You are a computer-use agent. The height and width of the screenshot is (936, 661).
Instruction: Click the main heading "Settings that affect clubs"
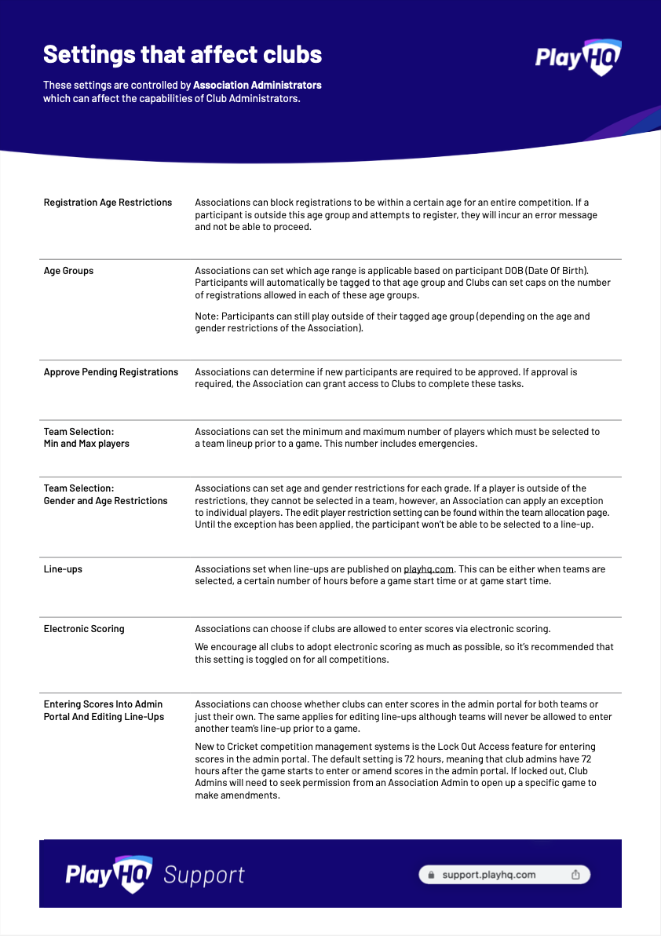182,54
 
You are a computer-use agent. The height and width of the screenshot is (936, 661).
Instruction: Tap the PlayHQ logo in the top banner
578,57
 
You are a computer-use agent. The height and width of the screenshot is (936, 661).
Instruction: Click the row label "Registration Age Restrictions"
108,203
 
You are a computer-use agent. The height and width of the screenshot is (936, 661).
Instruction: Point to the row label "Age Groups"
68,271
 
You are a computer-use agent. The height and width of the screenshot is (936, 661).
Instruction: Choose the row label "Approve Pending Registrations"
111,372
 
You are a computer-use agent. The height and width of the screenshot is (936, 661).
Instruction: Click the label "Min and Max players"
86,444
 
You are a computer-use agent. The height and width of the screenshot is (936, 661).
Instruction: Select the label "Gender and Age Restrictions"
105,501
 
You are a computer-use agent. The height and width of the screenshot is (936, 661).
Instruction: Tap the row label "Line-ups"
63,569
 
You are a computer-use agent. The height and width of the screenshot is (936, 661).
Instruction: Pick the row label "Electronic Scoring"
84,629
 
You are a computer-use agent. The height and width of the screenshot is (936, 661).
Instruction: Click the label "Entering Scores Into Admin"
103,704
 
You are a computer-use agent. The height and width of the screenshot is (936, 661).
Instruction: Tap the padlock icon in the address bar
430,875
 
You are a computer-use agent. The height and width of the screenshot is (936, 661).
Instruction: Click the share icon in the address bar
575,875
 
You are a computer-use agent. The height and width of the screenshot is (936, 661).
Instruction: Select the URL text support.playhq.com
488,875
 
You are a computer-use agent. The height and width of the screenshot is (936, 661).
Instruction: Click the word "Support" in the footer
204,875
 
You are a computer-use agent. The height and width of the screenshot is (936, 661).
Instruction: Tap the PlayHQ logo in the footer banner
110,874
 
